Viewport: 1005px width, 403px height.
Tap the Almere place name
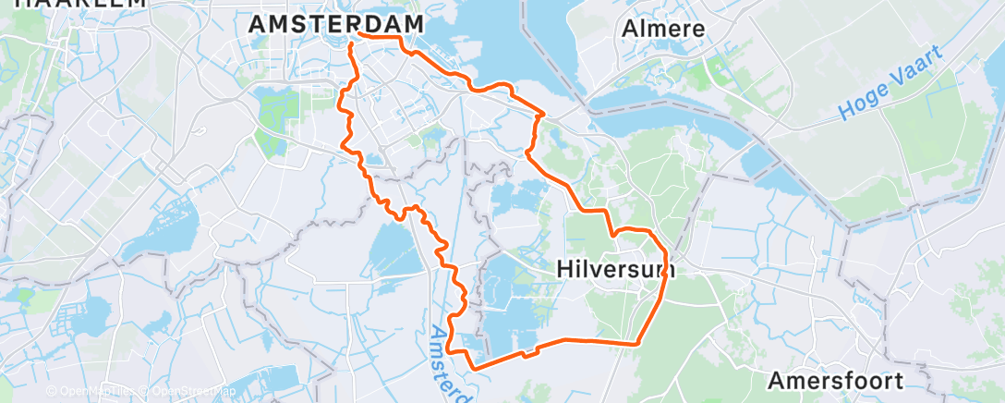[663, 29]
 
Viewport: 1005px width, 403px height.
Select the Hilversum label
[616, 269]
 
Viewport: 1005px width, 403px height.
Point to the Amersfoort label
[835, 380]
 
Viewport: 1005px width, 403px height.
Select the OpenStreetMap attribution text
[181, 392]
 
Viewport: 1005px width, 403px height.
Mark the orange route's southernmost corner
[475, 368]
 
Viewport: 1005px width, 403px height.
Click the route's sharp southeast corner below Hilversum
[637, 344]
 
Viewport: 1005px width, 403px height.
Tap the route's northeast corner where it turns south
[542, 115]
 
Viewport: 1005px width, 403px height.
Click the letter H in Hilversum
[564, 269]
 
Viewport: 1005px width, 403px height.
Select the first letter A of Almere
[630, 29]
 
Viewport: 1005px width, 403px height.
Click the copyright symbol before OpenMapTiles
[52, 392]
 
